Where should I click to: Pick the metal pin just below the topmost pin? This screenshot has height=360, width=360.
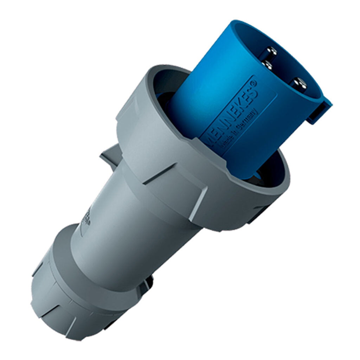pos(268,65)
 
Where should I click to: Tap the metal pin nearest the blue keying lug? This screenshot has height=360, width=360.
pos(300,84)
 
